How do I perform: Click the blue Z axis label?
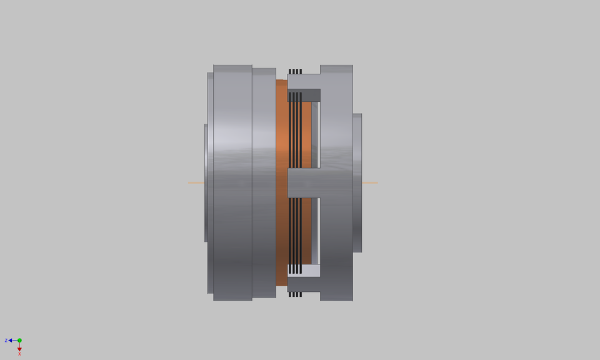6,341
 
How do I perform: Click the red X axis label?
19,354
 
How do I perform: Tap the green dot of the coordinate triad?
19,341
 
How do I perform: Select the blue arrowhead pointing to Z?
11,341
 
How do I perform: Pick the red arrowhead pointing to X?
19,349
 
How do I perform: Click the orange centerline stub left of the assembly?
196,182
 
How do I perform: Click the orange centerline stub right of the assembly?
369,182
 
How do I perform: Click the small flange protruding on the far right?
357,182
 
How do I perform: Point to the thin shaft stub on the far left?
206,182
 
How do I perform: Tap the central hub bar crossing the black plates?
304,182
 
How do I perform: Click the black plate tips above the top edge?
295,71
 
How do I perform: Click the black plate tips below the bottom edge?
295,294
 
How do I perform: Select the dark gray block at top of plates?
304,95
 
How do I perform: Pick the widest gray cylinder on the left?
232,182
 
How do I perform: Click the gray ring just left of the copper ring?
264,182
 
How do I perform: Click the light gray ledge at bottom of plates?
304,271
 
